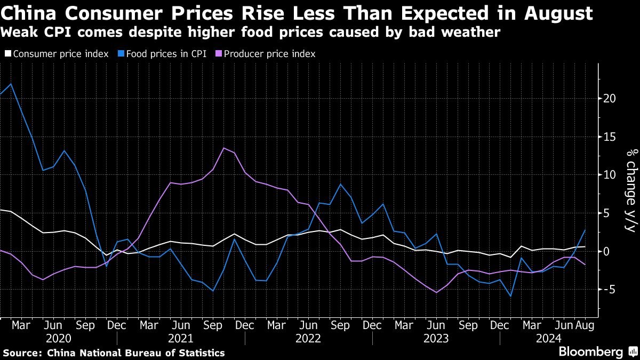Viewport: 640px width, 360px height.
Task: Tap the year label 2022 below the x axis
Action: click(x=308, y=338)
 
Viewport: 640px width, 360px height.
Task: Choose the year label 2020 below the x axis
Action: click(x=59, y=338)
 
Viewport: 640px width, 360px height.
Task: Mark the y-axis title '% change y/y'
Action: click(x=630, y=190)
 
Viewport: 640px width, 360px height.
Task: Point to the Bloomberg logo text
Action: click(x=590, y=351)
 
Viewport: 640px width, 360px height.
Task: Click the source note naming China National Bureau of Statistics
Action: click(x=114, y=353)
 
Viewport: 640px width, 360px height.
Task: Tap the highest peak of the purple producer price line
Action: click(x=223, y=148)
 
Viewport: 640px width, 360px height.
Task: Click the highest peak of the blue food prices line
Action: click(x=11, y=84)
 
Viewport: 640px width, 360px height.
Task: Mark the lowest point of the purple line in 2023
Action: click(x=436, y=292)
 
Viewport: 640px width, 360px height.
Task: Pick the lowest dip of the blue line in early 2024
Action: click(x=510, y=296)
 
